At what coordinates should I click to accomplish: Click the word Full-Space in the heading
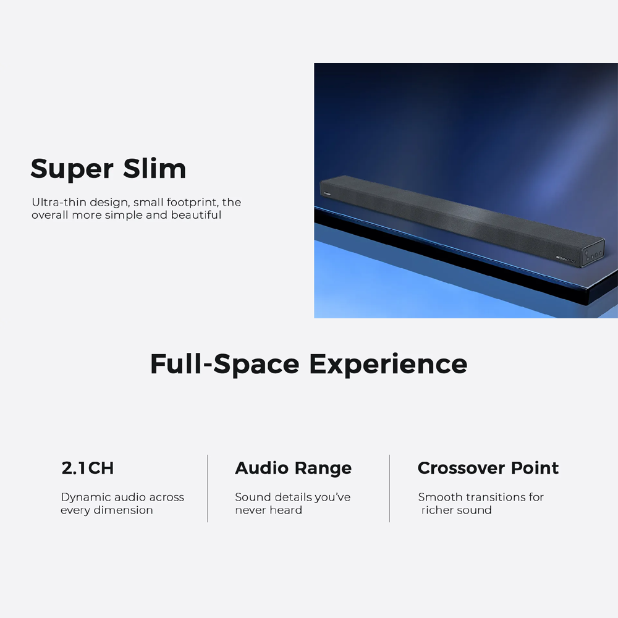click(x=226, y=364)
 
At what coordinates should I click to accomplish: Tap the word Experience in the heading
click(x=388, y=364)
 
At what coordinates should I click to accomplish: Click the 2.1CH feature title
click(x=88, y=468)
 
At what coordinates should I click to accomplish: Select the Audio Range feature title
click(x=293, y=468)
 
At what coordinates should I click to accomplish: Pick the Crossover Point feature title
click(x=488, y=468)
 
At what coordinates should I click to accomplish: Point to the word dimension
click(x=123, y=510)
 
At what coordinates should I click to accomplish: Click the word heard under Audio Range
click(x=287, y=510)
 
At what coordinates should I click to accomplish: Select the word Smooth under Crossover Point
click(x=440, y=497)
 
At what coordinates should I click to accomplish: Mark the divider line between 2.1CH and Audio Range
click(x=208, y=488)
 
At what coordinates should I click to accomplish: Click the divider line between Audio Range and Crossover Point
click(x=389, y=488)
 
